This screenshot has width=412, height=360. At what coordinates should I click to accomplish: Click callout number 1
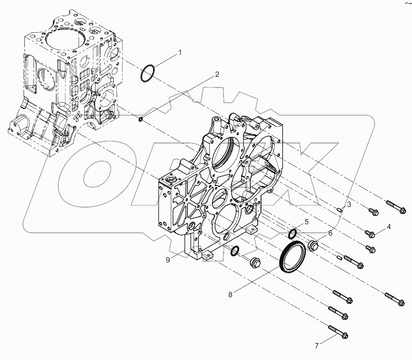(x=180, y=53)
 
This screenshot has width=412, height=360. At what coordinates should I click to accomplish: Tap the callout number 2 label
(x=216, y=75)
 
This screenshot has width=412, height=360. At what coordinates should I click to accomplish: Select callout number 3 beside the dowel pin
(x=349, y=204)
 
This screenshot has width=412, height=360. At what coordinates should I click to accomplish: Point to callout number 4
(x=388, y=227)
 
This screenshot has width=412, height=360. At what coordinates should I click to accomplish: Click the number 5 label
(x=307, y=222)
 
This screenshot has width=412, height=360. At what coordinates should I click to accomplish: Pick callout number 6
(x=330, y=233)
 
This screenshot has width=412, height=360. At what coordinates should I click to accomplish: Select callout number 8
(x=230, y=295)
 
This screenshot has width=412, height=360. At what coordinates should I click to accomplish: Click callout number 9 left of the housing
(x=168, y=260)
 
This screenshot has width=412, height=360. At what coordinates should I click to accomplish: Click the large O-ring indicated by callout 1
(x=148, y=74)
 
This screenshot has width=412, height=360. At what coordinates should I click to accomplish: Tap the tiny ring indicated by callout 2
(x=141, y=120)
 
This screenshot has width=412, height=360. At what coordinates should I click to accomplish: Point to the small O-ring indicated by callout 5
(x=292, y=234)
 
